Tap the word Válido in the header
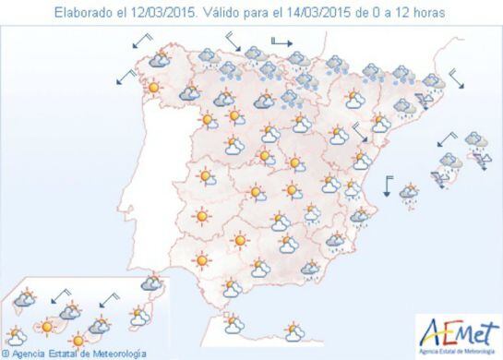(225, 13)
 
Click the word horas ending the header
(426, 13)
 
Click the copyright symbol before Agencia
(7, 353)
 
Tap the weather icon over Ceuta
(232, 323)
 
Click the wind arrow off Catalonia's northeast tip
(455, 79)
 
